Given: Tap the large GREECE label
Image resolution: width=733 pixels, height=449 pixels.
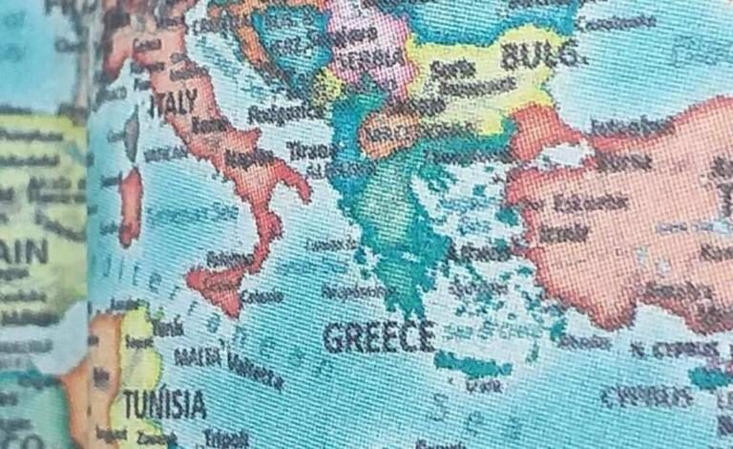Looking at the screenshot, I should (x=379, y=336).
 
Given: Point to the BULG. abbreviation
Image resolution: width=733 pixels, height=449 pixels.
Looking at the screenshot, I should (x=541, y=55).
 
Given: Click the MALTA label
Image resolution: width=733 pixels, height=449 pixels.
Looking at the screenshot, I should (x=199, y=360).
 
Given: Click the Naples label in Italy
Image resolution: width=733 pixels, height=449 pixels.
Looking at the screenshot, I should (x=247, y=156).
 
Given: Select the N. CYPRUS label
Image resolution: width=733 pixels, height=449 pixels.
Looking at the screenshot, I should (x=681, y=350).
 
